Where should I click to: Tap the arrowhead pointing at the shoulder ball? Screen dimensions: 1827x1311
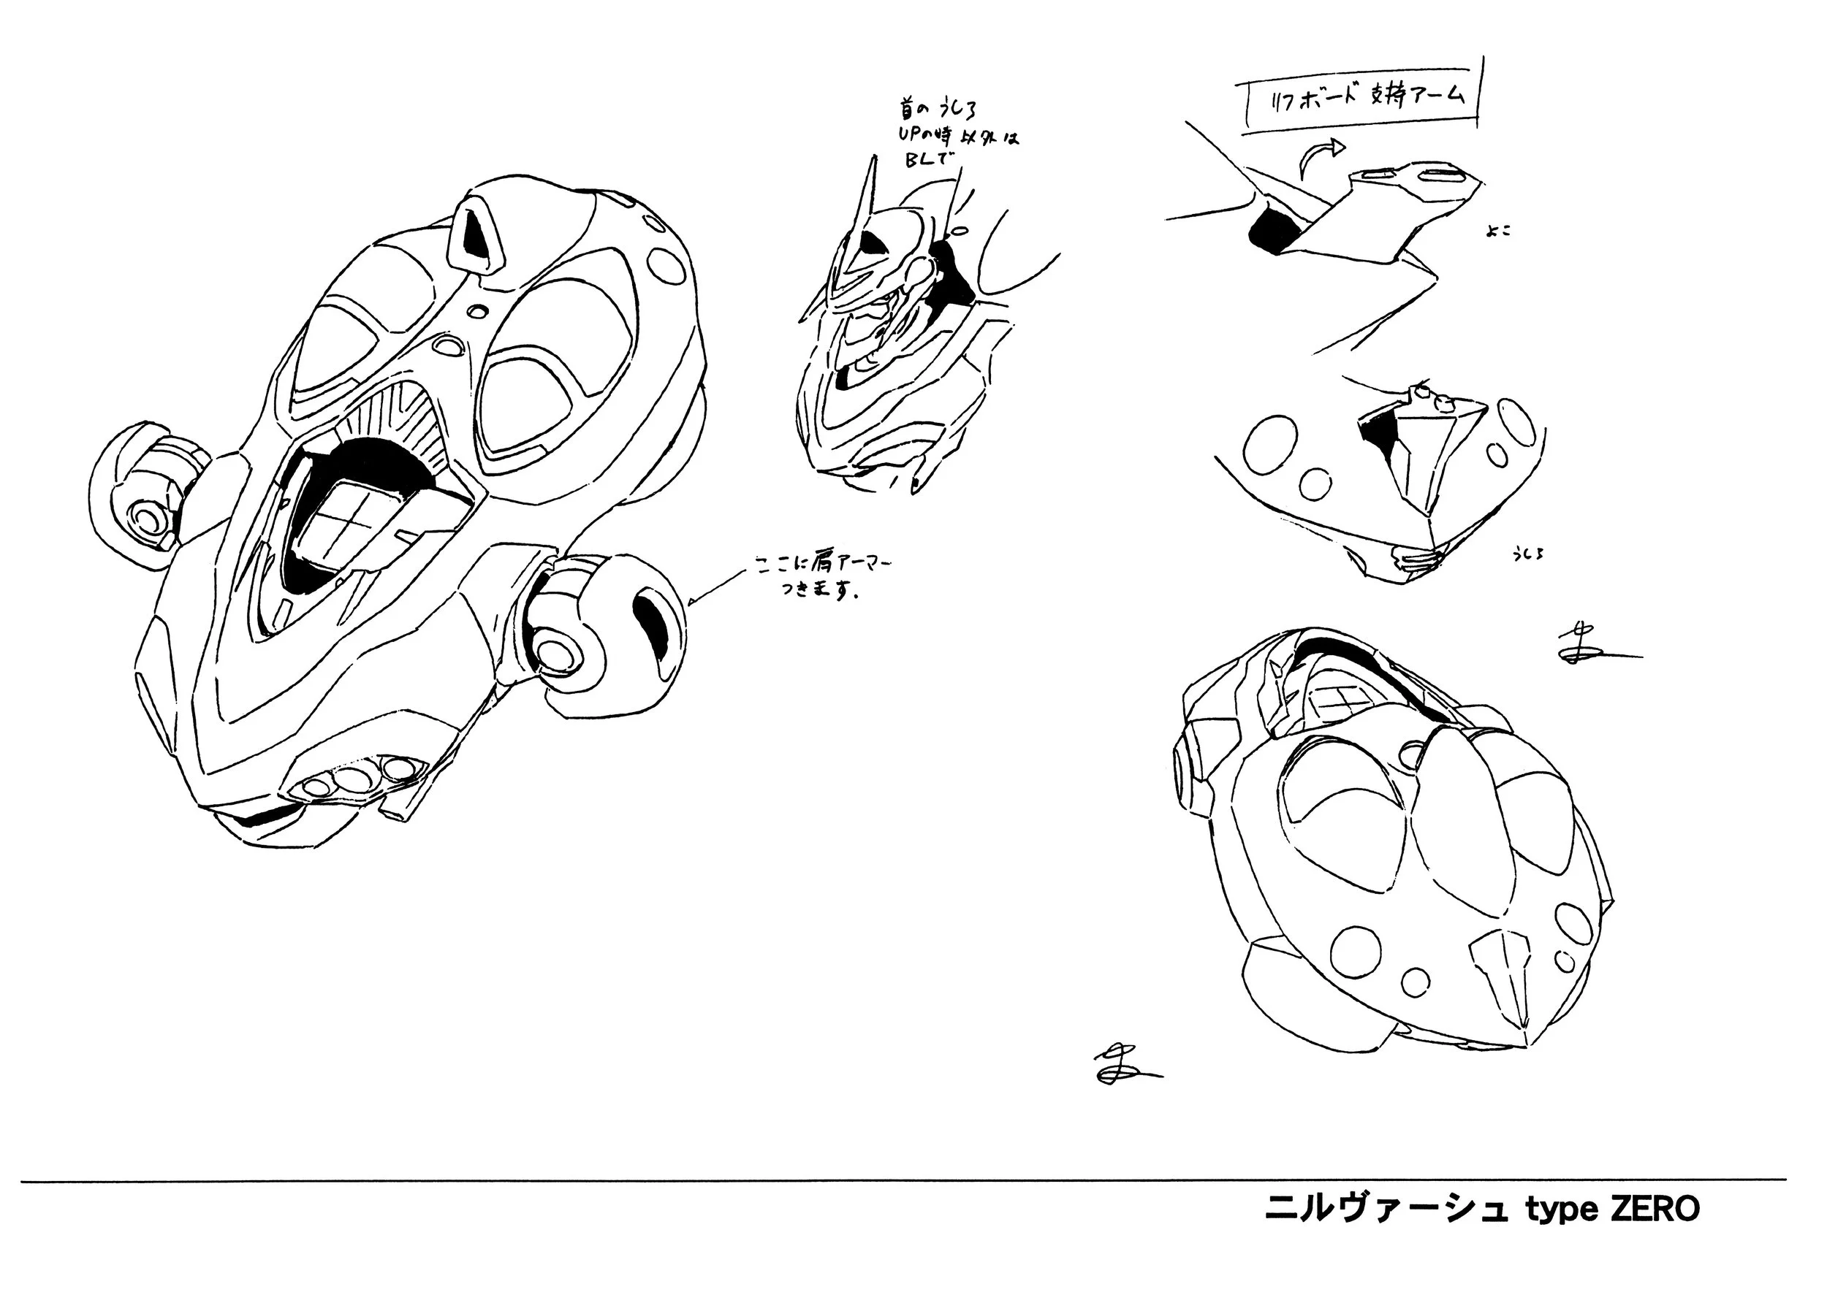coord(695,600)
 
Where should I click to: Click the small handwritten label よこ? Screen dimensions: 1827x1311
coord(1499,231)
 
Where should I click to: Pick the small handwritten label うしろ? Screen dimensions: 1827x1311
coord(1527,554)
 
